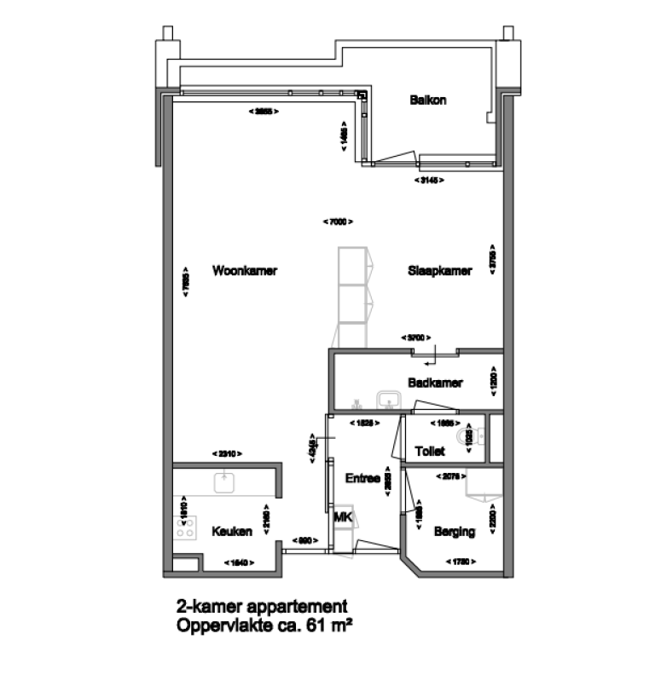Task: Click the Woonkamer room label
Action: pos(245,271)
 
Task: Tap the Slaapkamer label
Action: pos(439,271)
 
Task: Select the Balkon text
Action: pos(427,100)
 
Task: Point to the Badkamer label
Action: pos(435,383)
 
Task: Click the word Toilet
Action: pos(430,450)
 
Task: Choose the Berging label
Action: pos(454,532)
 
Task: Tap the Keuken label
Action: pos(231,532)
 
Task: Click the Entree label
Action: pos(362,479)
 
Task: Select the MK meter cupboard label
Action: pos(343,517)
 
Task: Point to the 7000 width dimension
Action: pos(338,222)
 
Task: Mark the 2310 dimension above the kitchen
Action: pos(227,453)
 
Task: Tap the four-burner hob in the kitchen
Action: pos(184,527)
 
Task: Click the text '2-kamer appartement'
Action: pos(261,607)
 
